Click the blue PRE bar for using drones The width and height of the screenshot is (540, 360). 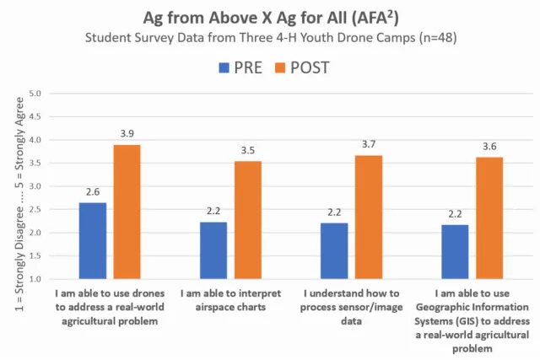point(93,240)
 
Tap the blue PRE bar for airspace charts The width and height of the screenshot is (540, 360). point(213,250)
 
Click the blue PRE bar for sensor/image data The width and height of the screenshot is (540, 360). point(333,250)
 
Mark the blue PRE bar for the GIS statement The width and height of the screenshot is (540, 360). point(454,251)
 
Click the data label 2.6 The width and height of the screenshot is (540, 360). point(93,192)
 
